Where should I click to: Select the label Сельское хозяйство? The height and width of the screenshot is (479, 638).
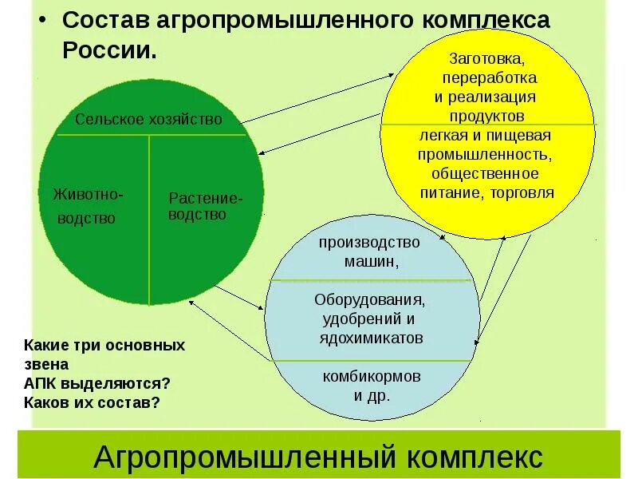[x=148, y=120]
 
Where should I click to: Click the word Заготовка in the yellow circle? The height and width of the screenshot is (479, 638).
[x=486, y=59]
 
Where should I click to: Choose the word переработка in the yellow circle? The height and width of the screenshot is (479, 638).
[x=489, y=78]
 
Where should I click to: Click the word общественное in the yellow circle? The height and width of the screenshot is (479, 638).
[x=486, y=173]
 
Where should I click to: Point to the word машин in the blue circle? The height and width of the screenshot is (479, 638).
[x=371, y=261]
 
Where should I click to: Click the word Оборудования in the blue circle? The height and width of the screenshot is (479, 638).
[x=368, y=300]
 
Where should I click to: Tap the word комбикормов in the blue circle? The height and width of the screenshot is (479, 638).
[x=372, y=375]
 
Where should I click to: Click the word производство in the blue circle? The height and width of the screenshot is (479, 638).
[x=369, y=242]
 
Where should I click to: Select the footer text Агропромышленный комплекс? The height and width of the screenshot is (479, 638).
[x=318, y=457]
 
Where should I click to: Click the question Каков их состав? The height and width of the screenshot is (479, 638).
[x=92, y=402]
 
